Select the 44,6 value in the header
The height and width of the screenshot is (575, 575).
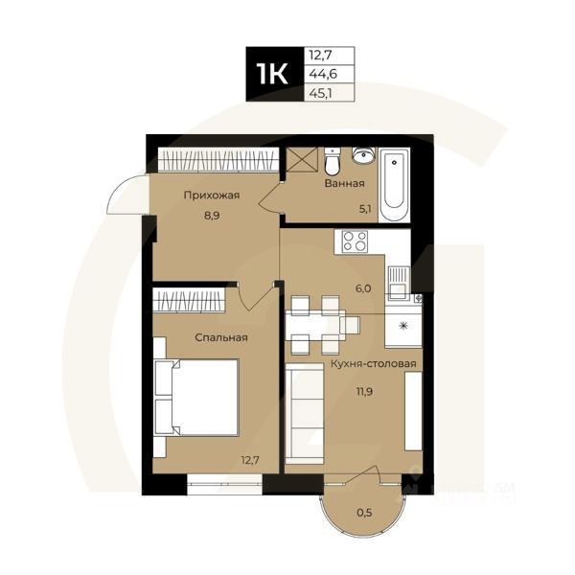pyautogui.click(x=320, y=74)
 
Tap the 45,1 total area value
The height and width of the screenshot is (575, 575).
pyautogui.click(x=320, y=93)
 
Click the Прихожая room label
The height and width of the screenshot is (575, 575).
pyautogui.click(x=211, y=195)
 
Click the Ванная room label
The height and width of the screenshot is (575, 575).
pyautogui.click(x=343, y=182)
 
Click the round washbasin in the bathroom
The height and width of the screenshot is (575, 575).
pyautogui.click(x=362, y=157)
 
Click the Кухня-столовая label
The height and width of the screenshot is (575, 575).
pyautogui.click(x=373, y=364)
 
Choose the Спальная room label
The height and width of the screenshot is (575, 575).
pyautogui.click(x=221, y=337)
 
